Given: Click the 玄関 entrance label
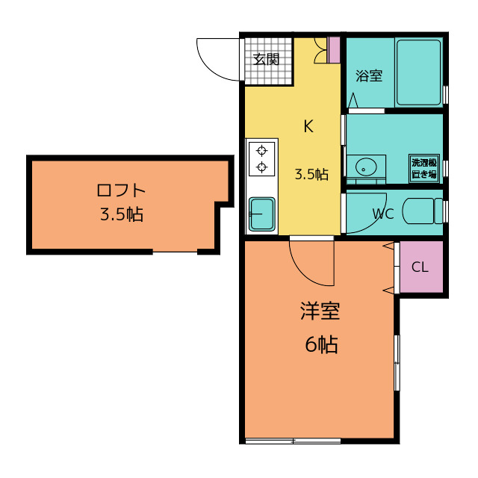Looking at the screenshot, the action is (x=267, y=60).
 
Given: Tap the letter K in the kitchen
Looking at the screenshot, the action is (x=308, y=126).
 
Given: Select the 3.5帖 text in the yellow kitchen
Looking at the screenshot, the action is (x=311, y=174).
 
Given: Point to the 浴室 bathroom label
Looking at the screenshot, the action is (x=369, y=76).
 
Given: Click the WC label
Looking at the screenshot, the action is (x=383, y=214).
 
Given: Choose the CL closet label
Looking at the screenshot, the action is (x=420, y=267).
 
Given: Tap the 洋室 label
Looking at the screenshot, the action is (x=320, y=311).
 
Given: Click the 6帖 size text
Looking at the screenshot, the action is (x=322, y=344).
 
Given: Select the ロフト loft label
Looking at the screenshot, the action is (x=121, y=190).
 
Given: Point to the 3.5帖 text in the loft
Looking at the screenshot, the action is (x=122, y=214).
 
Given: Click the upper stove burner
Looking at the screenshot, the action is (x=261, y=151).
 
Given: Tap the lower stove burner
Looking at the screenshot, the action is (x=261, y=167).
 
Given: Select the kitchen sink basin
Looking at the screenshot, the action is (x=262, y=214).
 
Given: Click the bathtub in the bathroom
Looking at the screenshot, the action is (x=418, y=72).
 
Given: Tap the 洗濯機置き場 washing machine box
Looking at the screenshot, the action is (x=424, y=168).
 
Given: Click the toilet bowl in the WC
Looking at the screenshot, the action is (x=422, y=211).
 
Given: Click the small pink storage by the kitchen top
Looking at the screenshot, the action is (x=335, y=50).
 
